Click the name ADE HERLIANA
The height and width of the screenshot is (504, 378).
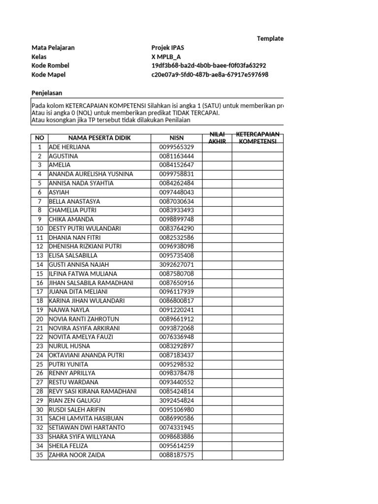[x=69, y=147]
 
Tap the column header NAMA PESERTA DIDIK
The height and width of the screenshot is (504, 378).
[x=99, y=138]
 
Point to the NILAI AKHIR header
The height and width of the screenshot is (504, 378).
[x=217, y=138]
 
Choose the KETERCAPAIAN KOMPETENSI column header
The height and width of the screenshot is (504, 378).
[x=257, y=138]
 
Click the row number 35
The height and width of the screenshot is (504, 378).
[x=39, y=455]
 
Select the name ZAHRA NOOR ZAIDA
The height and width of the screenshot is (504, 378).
[x=76, y=455]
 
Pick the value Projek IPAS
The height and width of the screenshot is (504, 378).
[x=168, y=48]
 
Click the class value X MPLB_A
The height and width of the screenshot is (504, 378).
[x=166, y=57]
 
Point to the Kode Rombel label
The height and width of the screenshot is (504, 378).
[x=50, y=65]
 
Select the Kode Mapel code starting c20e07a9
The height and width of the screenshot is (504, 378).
[x=210, y=75]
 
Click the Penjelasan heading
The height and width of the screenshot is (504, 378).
[x=47, y=93]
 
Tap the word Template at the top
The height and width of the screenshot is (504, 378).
[x=270, y=39]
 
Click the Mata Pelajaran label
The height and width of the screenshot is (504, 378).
[x=53, y=48]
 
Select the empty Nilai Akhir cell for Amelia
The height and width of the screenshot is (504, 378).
[x=217, y=165]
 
